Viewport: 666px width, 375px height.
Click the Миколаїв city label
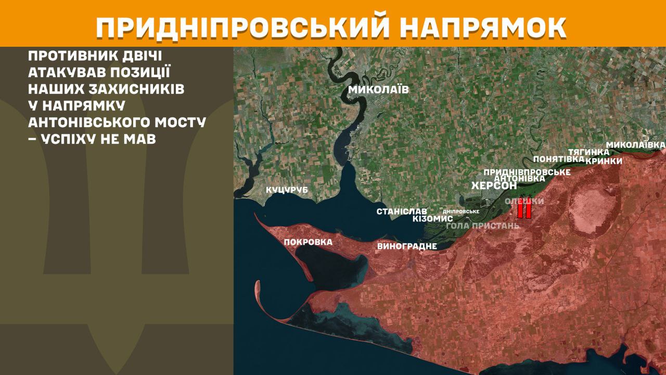[378, 90]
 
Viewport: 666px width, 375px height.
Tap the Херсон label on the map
[494, 186]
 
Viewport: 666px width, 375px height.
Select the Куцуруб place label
[287, 190]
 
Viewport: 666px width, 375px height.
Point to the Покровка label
[308, 242]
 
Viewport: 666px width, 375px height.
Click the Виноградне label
[407, 246]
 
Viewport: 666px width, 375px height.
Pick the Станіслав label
[402, 211]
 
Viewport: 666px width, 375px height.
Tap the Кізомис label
[432, 219]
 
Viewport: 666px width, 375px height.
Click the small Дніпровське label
[460, 212]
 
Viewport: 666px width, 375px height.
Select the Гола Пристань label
[483, 226]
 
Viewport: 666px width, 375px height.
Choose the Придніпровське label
[527, 171]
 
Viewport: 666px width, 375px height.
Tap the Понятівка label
[559, 159]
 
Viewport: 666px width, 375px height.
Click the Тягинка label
[588, 152]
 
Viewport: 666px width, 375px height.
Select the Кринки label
[604, 161]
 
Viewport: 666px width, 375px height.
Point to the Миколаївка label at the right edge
[636, 144]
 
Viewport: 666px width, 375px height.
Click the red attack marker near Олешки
[524, 210]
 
